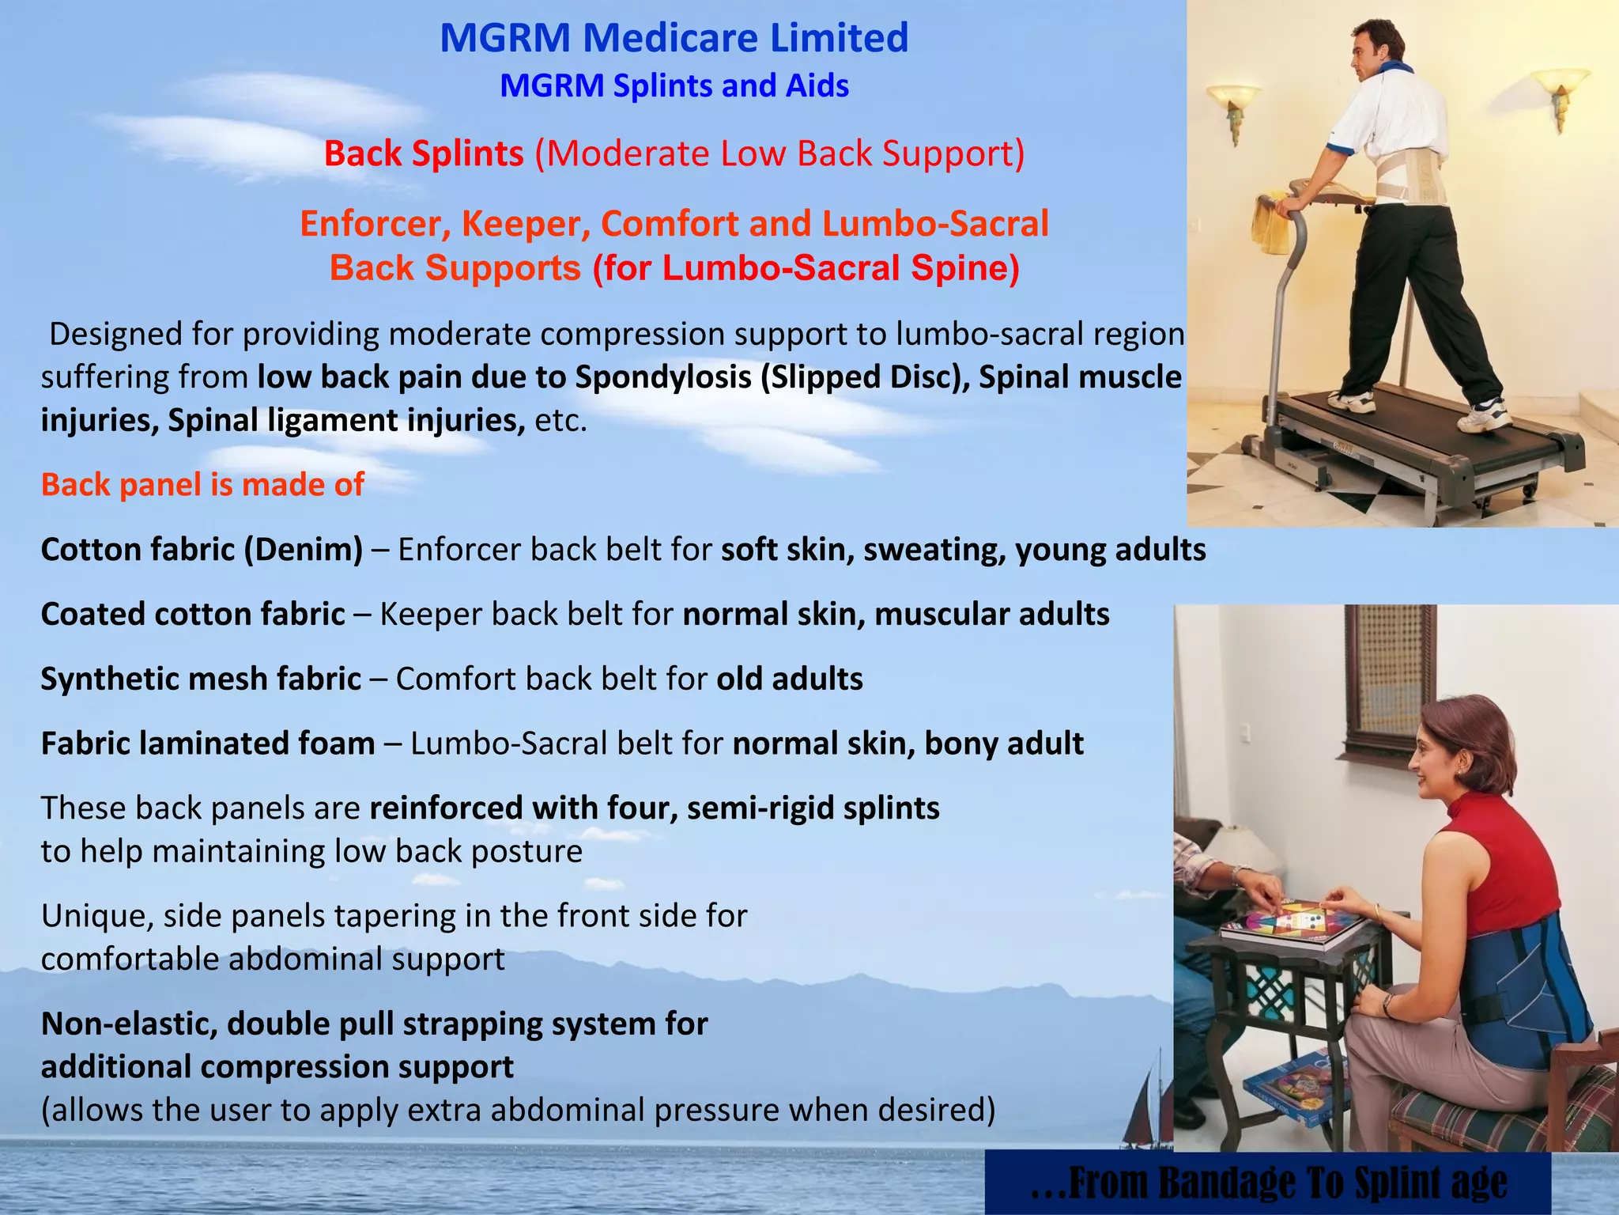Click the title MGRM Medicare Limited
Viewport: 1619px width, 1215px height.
(674, 38)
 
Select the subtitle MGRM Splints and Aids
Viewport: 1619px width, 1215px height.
(674, 85)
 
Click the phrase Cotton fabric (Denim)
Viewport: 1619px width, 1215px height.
(202, 550)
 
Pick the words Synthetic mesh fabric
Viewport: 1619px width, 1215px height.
(201, 679)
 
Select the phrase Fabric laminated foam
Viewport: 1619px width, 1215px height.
(208, 744)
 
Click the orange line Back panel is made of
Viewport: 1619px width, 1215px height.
(202, 485)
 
